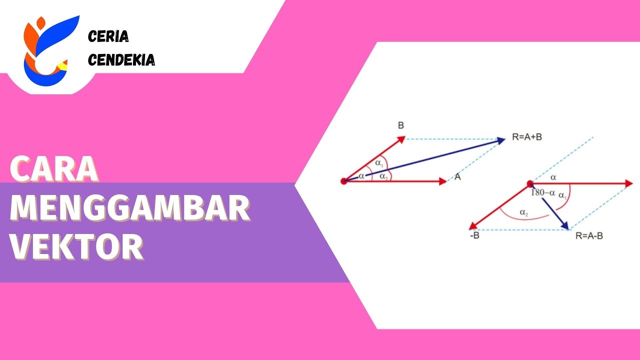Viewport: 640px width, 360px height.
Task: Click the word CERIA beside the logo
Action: click(108, 36)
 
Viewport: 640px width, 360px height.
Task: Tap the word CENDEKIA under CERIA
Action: click(121, 60)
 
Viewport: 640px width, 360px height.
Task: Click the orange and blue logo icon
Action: click(47, 50)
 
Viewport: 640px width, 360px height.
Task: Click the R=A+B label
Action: click(527, 137)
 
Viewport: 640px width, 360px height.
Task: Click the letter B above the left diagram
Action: click(400, 125)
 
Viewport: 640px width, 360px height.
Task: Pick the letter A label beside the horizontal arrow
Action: click(457, 177)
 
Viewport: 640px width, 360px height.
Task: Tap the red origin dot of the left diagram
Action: click(343, 181)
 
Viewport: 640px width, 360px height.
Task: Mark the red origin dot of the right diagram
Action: click(530, 184)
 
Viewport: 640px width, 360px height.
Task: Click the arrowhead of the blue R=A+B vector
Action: click(501, 140)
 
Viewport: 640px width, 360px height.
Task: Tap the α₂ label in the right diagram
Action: click(523, 213)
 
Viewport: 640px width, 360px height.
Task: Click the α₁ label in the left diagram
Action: click(378, 163)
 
